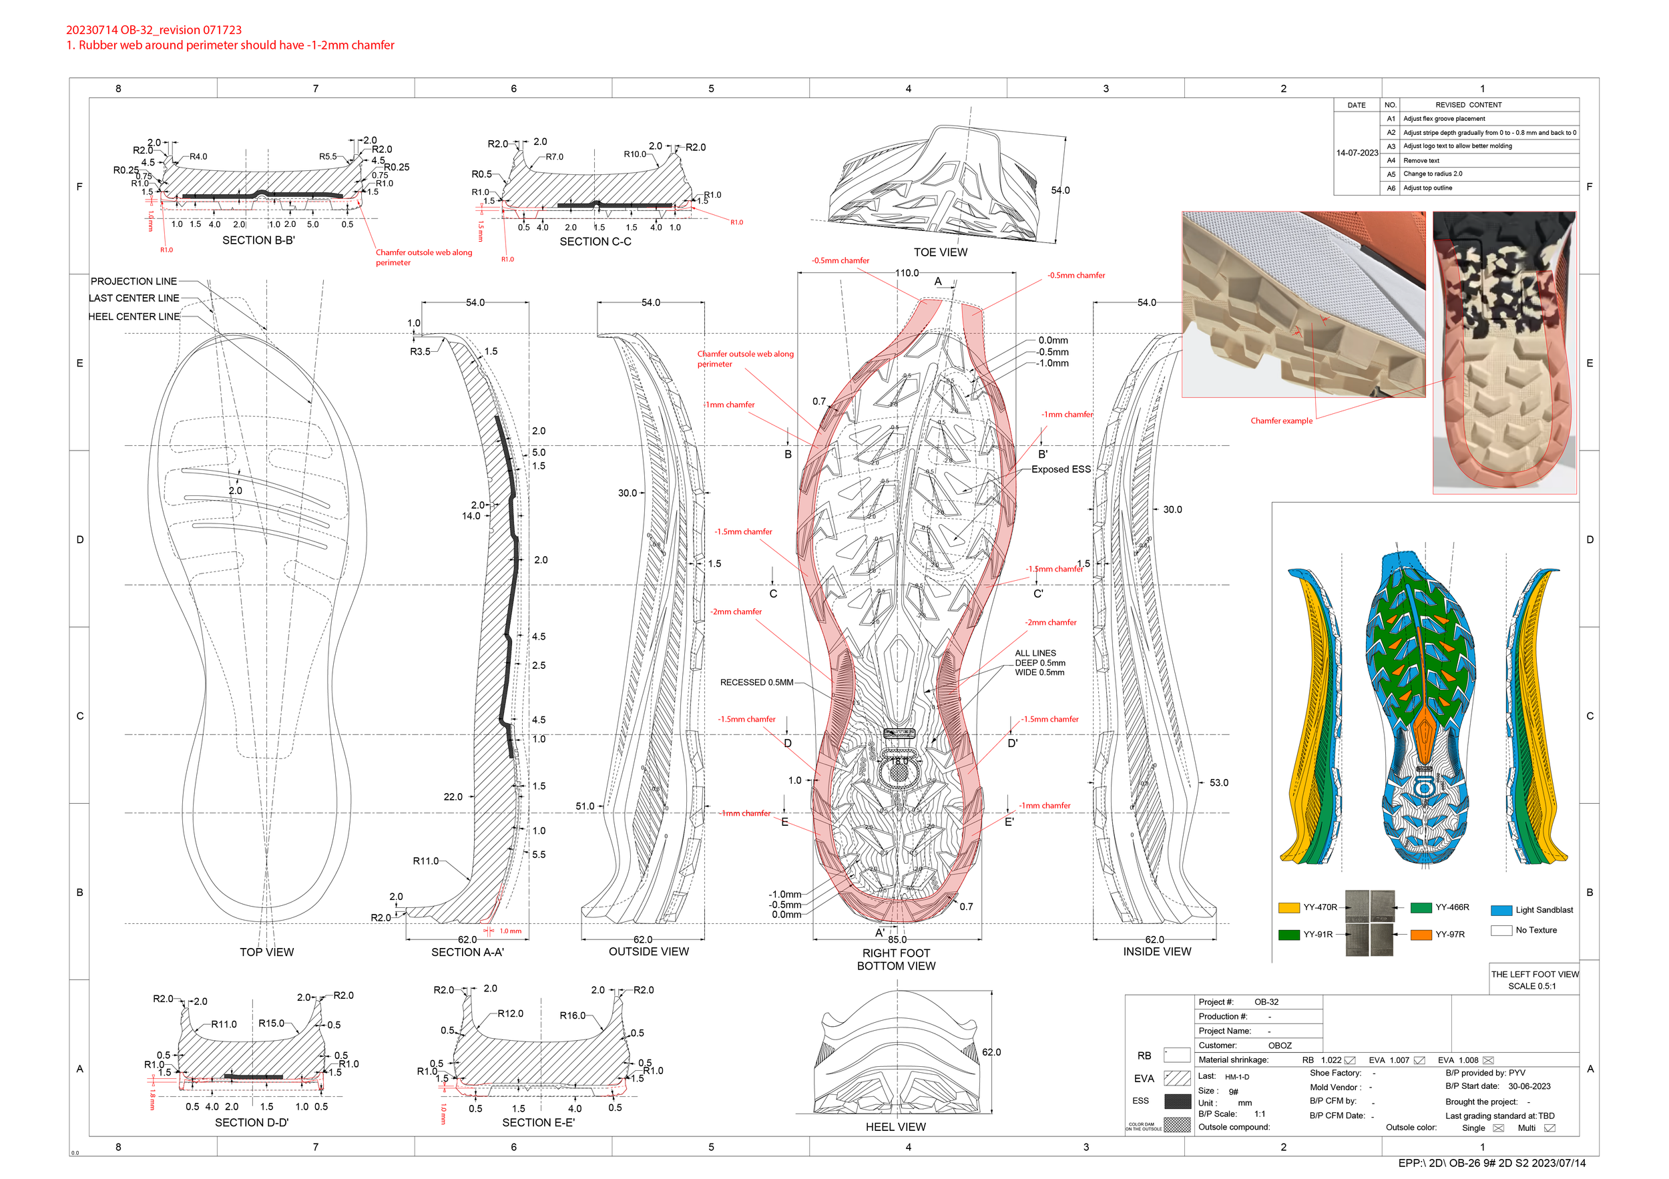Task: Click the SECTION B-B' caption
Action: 258,240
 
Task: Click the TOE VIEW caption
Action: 940,252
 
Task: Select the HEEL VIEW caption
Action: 895,1127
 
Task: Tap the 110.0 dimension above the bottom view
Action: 907,273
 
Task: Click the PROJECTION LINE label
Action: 134,281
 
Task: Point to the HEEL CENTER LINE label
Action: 134,316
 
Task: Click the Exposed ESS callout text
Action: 1061,469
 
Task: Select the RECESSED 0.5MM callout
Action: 756,682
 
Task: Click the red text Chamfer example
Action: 1282,421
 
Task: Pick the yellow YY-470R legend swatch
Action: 1289,908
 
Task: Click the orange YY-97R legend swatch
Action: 1421,935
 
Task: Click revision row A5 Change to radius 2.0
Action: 1432,174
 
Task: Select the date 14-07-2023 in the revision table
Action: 1357,154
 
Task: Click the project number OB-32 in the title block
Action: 1266,1002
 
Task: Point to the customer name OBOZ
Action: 1279,1046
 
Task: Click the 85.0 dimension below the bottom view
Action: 897,940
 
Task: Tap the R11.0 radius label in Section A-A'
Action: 426,861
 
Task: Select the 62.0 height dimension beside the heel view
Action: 991,1053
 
